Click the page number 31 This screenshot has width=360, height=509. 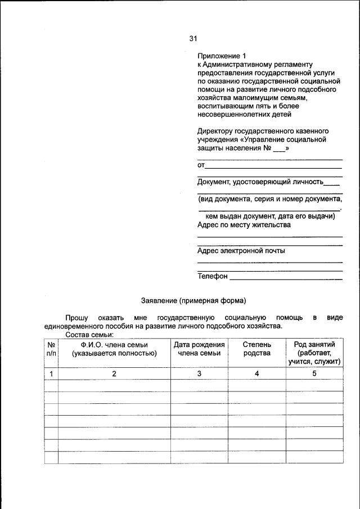click(193, 39)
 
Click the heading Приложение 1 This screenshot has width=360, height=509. click(222, 56)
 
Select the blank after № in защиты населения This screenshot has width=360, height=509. click(279, 149)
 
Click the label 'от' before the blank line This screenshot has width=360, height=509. click(201, 165)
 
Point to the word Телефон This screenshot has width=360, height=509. click(213, 276)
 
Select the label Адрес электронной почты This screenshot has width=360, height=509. click(241, 251)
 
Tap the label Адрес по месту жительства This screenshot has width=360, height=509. click(244, 225)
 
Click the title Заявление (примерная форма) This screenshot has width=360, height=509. click(193, 300)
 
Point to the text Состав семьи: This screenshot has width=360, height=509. click(89, 335)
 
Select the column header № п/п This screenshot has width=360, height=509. click(51, 349)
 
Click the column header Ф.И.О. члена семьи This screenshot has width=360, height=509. click(114, 349)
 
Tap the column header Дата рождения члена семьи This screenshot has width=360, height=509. click(199, 349)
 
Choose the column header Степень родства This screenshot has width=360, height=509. click(256, 349)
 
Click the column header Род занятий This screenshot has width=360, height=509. click(314, 353)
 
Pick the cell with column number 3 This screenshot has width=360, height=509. click(199, 373)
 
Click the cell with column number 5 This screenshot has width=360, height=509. click(314, 373)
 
